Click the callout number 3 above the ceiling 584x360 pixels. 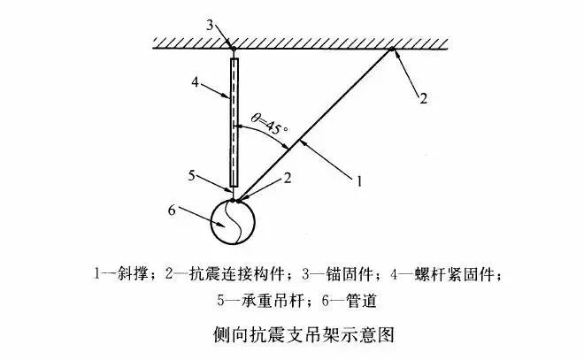click(x=210, y=26)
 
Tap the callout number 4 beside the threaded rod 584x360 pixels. click(x=196, y=82)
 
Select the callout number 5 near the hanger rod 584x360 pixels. click(x=191, y=175)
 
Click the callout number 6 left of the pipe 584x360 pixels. click(x=172, y=211)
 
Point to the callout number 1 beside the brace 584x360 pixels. click(x=359, y=181)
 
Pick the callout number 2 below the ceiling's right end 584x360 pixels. click(x=423, y=99)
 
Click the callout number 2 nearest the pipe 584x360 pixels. click(x=288, y=178)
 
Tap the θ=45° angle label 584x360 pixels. click(x=270, y=124)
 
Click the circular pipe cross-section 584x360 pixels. click(x=233, y=222)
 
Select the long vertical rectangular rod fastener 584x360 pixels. click(x=234, y=122)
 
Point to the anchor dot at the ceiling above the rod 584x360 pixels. click(x=233, y=49)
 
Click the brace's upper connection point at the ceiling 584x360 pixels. click(x=392, y=49)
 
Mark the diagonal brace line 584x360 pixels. click(x=314, y=125)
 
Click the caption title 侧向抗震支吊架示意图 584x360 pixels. click(x=304, y=334)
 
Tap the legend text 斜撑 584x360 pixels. click(x=133, y=274)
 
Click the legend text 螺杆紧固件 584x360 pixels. click(x=454, y=274)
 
